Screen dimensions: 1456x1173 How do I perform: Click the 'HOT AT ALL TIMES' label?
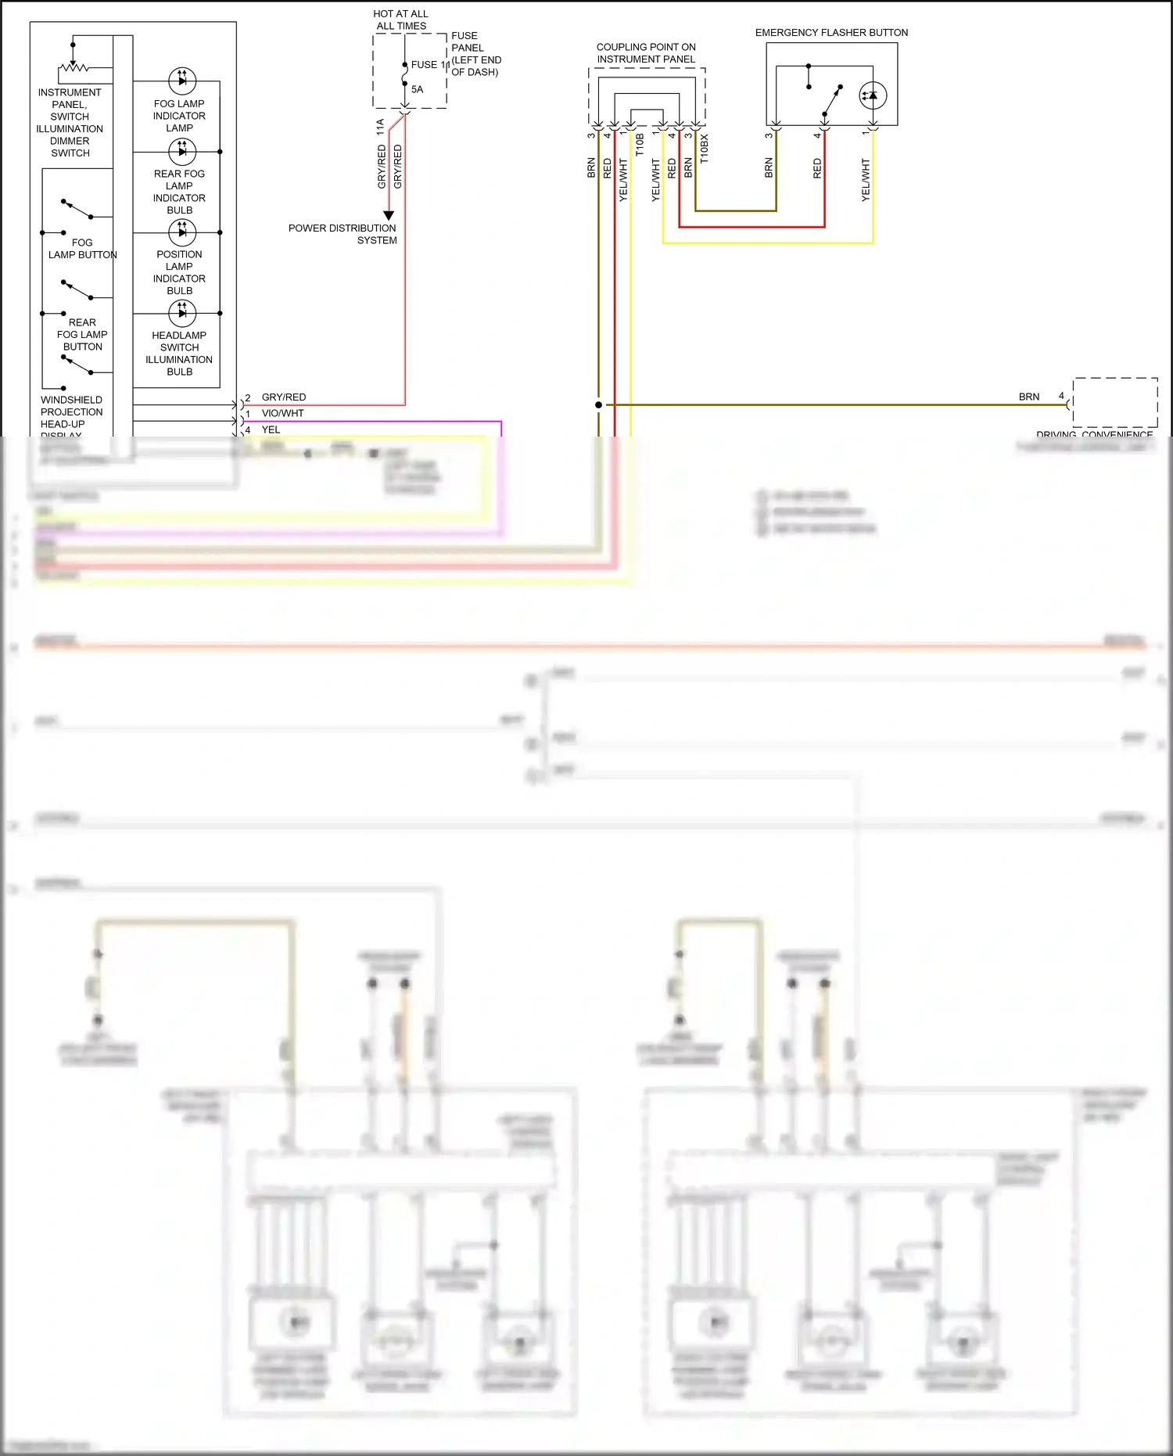point(401,20)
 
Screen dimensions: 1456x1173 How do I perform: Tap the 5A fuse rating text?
point(417,89)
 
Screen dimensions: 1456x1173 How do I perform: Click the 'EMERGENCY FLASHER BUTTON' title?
point(831,33)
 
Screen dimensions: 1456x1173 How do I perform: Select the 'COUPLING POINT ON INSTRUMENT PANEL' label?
point(646,53)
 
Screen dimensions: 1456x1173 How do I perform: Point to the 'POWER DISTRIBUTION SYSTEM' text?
point(343,234)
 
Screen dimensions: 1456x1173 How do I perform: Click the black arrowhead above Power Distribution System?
point(389,215)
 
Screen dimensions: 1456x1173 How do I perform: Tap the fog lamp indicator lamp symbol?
point(182,80)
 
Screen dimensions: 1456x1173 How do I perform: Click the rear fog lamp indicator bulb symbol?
point(182,150)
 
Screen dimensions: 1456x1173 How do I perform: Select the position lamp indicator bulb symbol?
point(182,232)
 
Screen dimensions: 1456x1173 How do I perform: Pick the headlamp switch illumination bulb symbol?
point(182,313)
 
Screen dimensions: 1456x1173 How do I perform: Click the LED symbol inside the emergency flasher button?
point(873,95)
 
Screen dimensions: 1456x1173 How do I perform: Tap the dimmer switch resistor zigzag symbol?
point(74,67)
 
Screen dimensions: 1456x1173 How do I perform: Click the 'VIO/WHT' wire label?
point(282,413)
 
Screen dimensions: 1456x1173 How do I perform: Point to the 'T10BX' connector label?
point(705,148)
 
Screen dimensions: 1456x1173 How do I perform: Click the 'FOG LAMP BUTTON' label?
point(82,249)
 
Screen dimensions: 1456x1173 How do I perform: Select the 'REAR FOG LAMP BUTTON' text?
point(82,334)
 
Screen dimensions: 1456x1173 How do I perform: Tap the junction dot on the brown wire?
point(599,404)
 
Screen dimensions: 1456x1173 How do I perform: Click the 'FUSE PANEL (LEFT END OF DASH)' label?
point(475,54)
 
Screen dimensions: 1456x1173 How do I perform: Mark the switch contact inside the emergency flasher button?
point(832,100)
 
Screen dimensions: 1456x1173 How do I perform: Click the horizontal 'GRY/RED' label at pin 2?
point(283,397)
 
